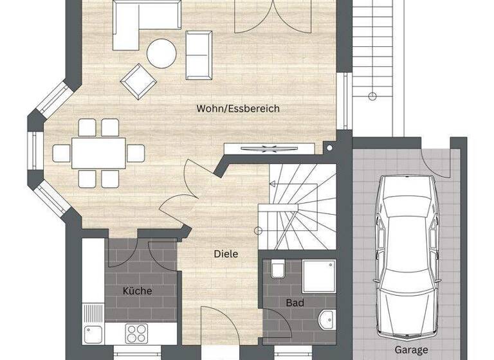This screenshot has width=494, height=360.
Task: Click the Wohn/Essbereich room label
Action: click(238, 109)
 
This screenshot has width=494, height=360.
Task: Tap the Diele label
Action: click(226, 254)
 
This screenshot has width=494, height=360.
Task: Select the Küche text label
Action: click(138, 291)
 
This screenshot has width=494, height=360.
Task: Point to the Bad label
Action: click(295, 302)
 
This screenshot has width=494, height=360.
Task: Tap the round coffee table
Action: click(161, 53)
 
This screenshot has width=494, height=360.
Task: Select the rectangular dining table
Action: click(98, 152)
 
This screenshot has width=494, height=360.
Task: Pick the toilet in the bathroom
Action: click(279, 269)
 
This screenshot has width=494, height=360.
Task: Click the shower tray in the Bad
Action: click(319, 276)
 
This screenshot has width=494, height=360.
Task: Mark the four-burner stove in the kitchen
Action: click(136, 333)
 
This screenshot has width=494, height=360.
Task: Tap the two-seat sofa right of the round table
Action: click(199, 52)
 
